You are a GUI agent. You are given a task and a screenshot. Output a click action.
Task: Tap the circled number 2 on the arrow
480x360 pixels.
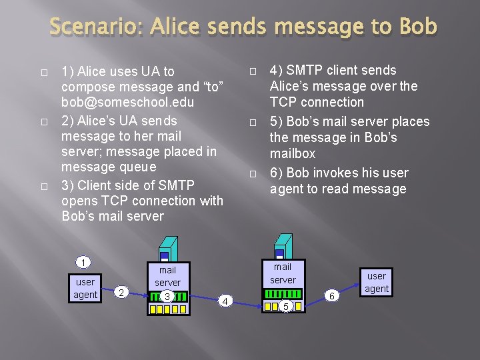(x=120, y=291)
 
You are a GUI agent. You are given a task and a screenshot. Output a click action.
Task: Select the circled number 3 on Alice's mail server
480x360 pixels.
(x=167, y=296)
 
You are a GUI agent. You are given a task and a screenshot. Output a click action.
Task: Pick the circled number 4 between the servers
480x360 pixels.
(x=225, y=301)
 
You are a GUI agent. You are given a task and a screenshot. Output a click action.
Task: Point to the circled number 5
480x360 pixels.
(x=285, y=306)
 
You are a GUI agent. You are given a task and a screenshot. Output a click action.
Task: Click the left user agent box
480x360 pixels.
(x=85, y=288)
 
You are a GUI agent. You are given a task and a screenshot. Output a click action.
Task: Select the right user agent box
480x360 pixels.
(x=376, y=282)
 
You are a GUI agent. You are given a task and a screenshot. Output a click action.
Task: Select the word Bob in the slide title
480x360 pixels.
(x=418, y=27)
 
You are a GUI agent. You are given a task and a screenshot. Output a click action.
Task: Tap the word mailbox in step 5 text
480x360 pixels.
(x=293, y=154)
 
